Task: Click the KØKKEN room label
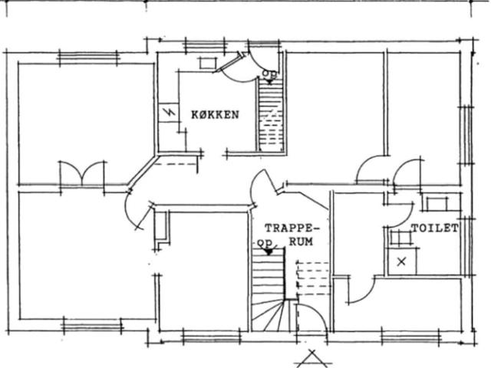(x=215, y=115)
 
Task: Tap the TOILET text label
(x=435, y=228)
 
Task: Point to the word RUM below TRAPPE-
(x=301, y=242)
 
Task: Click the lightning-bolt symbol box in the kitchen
(x=169, y=113)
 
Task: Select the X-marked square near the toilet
(x=402, y=261)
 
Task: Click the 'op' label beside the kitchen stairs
(x=269, y=74)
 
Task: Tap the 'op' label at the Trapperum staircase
(x=265, y=244)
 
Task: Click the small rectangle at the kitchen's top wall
(x=208, y=63)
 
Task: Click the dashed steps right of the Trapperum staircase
(x=313, y=278)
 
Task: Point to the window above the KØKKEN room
(x=205, y=46)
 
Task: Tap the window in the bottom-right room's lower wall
(x=411, y=337)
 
